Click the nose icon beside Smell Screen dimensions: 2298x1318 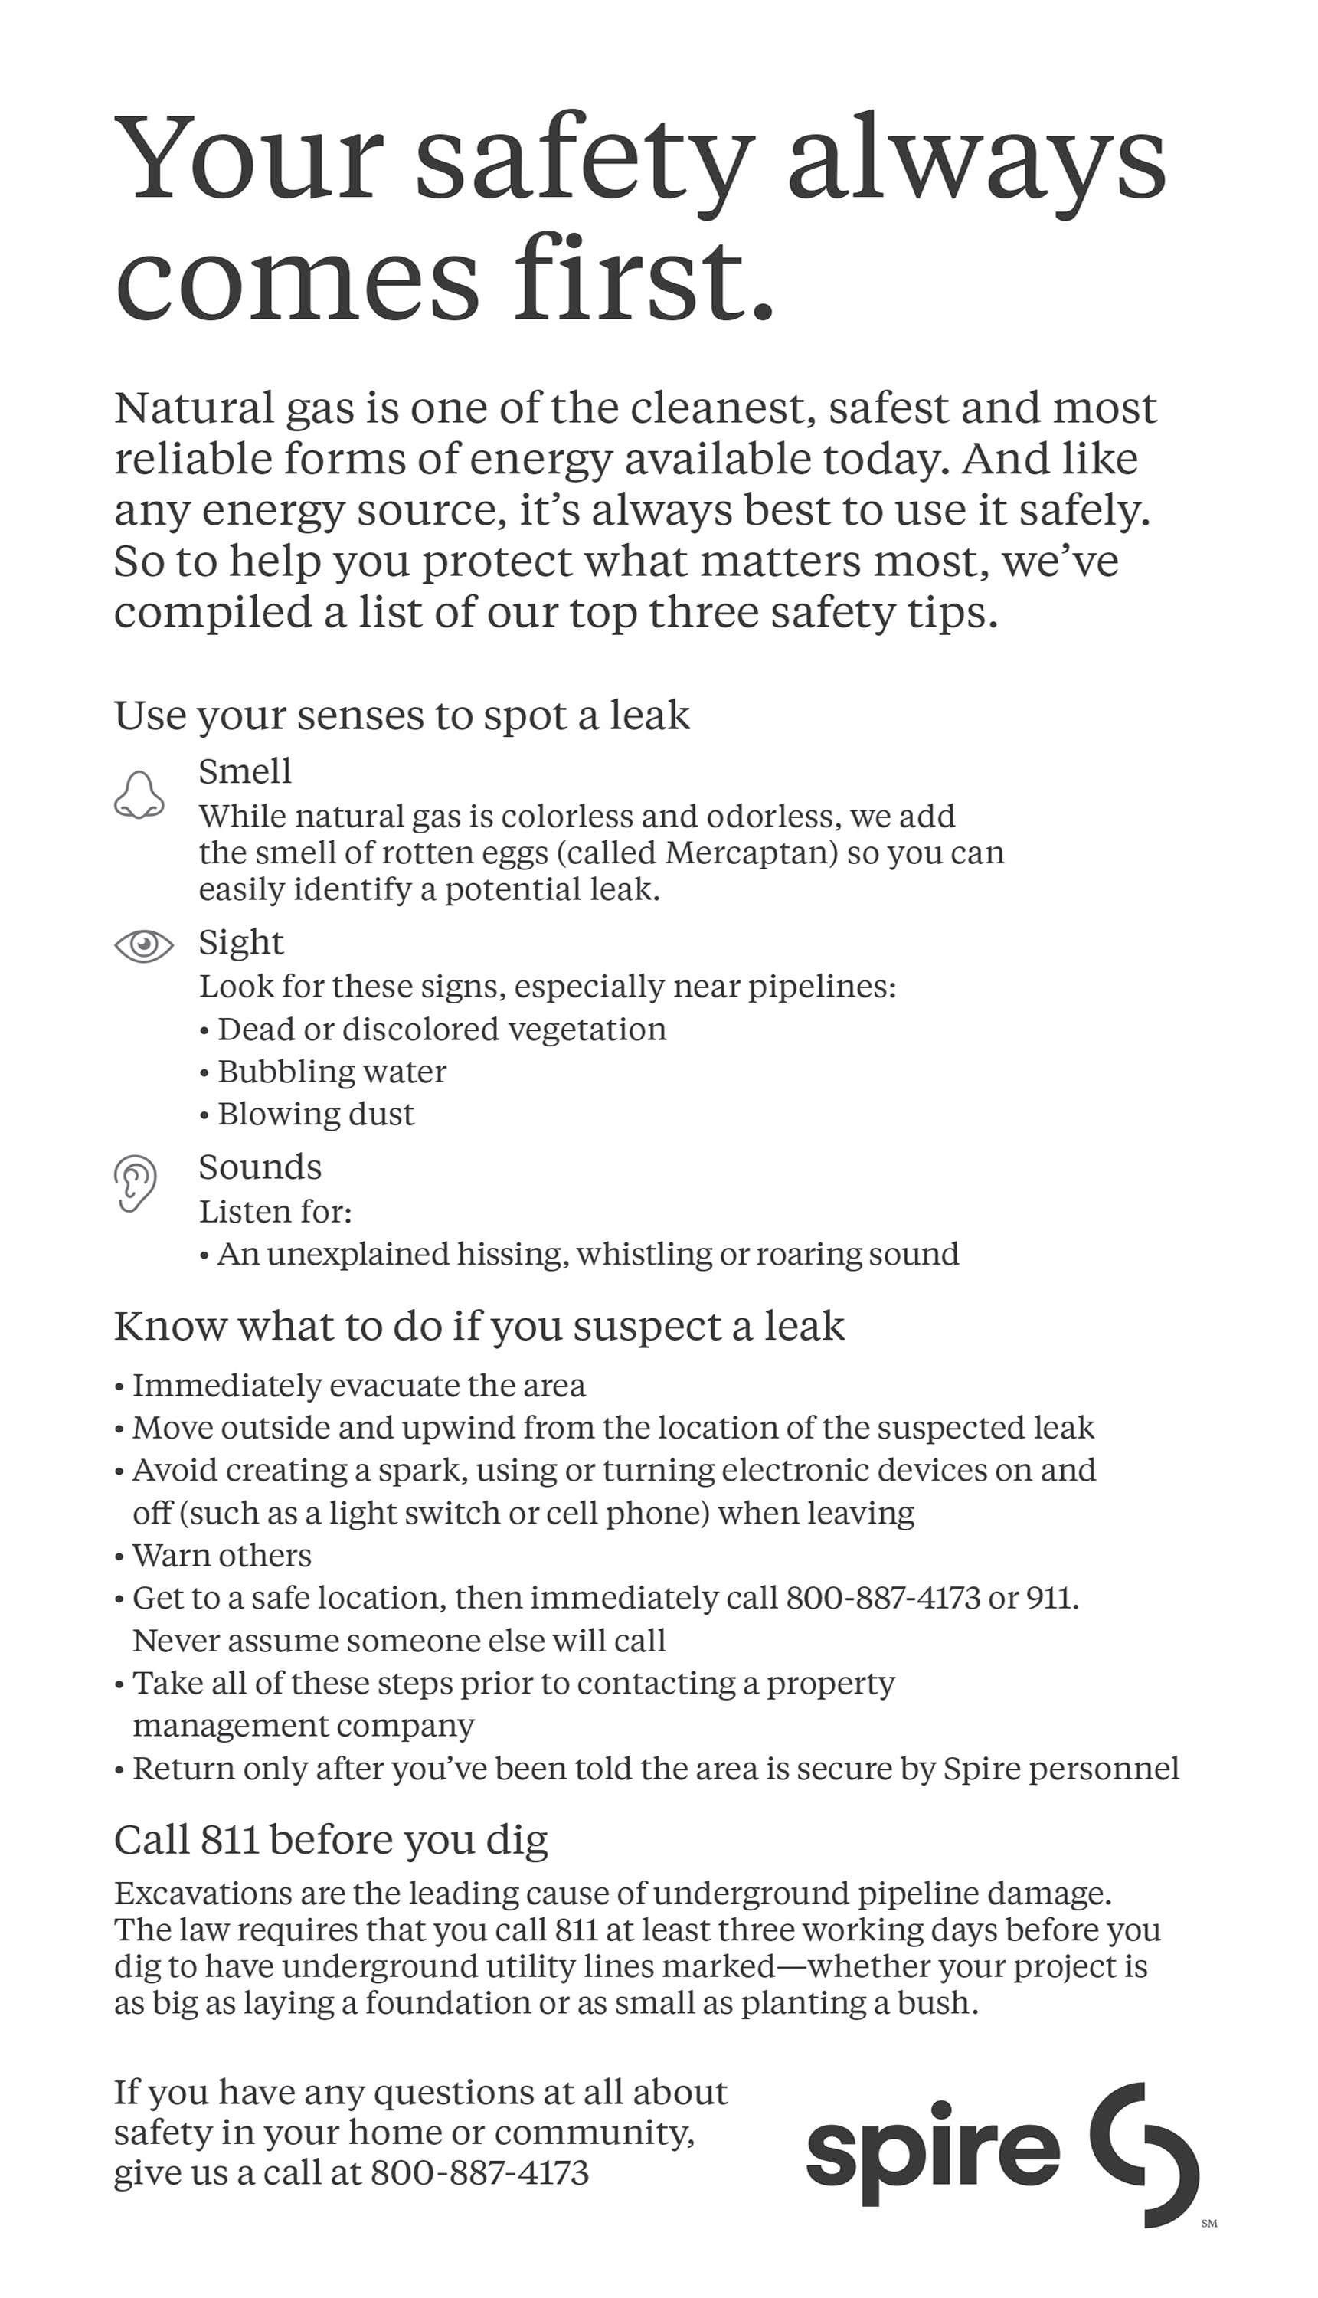(x=139, y=796)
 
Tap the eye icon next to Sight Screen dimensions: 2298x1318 (x=143, y=945)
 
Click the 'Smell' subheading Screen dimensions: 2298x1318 (x=245, y=771)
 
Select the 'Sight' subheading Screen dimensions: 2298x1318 (x=240, y=941)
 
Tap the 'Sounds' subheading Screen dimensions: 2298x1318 (x=260, y=1167)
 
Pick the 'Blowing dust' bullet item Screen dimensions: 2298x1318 (x=315, y=1114)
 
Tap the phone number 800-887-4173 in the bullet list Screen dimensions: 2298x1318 (x=882, y=1597)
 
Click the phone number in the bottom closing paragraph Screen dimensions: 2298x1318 (x=479, y=2173)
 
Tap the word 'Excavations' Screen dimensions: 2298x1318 (x=202, y=1894)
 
